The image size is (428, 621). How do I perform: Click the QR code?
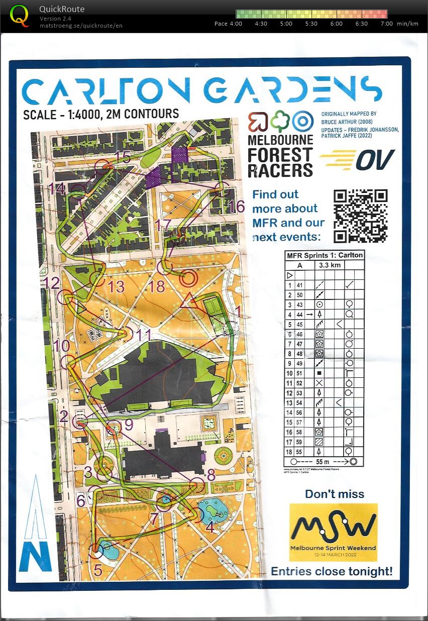361,216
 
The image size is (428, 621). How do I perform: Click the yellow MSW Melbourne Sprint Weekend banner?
333,532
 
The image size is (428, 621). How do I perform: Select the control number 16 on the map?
236,206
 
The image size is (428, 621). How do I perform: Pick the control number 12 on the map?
52,282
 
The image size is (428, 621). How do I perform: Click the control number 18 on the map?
157,286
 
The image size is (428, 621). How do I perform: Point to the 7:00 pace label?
387,24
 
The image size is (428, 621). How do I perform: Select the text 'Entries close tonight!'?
332,571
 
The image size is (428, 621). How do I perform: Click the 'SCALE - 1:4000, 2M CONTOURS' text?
101,114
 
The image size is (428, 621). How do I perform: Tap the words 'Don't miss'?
334,494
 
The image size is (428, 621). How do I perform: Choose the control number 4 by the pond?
209,528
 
